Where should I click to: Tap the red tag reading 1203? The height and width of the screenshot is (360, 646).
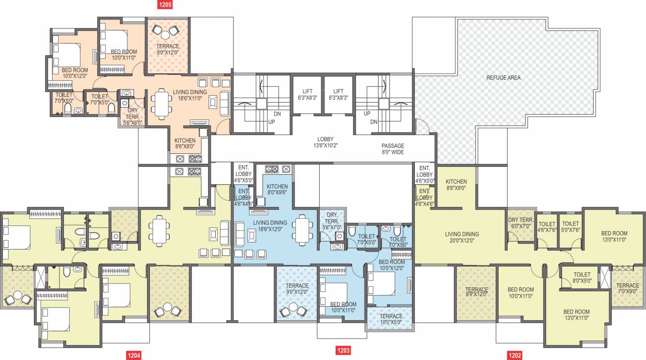click(x=343, y=350)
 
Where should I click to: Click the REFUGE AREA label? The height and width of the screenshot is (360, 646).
click(x=503, y=77)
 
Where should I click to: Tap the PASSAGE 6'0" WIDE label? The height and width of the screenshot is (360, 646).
click(x=392, y=149)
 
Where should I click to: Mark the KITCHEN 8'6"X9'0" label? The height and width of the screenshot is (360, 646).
click(x=456, y=185)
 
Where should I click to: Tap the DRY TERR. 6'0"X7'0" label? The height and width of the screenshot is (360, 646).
click(x=520, y=223)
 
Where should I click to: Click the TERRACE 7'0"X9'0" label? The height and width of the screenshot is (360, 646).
click(x=628, y=289)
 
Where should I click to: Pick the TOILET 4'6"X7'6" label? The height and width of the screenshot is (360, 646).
click(x=547, y=227)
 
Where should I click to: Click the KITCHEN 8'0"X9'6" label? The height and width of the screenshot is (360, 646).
click(x=277, y=189)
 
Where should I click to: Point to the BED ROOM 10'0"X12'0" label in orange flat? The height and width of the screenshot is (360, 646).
click(x=75, y=73)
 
